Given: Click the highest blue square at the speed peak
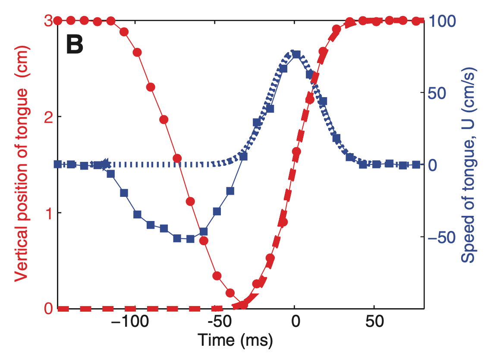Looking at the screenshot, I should (x=296, y=54).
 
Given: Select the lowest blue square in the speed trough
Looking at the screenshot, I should (x=190, y=239).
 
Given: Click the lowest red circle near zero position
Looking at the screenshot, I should (x=243, y=305).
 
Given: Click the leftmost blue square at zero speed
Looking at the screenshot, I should (x=58, y=164).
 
